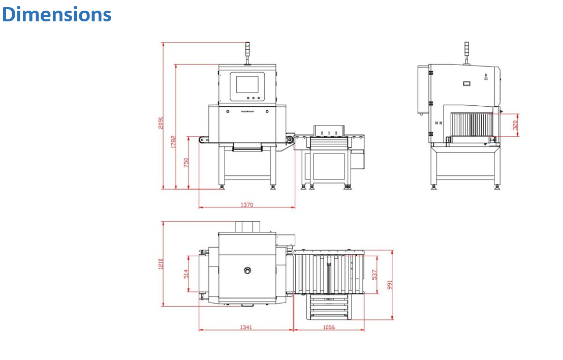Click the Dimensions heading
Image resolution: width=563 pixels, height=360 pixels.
pyautogui.click(x=57, y=14)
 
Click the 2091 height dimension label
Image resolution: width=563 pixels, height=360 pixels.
pyautogui.click(x=161, y=123)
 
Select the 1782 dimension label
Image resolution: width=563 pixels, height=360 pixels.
pyautogui.click(x=173, y=141)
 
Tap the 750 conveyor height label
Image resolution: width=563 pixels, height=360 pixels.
pyautogui.click(x=186, y=163)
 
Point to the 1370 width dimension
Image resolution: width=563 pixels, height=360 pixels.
pyautogui.click(x=246, y=205)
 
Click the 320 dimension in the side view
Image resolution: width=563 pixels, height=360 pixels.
pyautogui.click(x=515, y=125)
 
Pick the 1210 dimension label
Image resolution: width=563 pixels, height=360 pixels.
pyautogui.click(x=161, y=264)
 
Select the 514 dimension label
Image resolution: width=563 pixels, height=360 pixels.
pyautogui.click(x=186, y=274)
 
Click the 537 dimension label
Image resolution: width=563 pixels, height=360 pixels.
pyautogui.click(x=374, y=275)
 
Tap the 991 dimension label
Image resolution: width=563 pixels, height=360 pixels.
pyautogui.click(x=390, y=285)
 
